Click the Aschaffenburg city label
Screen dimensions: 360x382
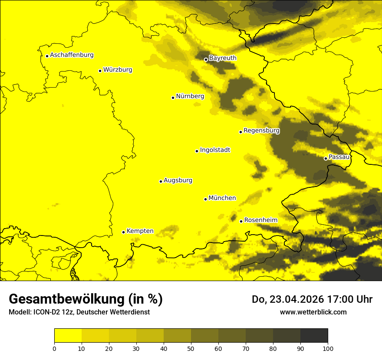[72, 55]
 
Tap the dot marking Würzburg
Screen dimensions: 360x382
[100, 71]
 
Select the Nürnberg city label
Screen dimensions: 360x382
[190, 96]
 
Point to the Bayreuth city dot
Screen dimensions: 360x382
[206, 59]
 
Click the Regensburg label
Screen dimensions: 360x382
[261, 131]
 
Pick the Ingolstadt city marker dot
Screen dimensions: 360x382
[197, 151]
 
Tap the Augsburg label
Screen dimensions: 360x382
[178, 180]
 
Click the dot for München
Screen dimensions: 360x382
[205, 199]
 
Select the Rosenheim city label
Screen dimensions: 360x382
[260, 220]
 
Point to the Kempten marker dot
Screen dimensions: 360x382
[123, 232]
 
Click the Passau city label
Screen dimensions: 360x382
[339, 157]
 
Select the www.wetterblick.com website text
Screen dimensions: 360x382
[313, 312]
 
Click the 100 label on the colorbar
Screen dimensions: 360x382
[328, 348]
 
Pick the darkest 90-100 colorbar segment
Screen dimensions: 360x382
[314, 335]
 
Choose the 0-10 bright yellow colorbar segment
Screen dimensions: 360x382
[68, 335]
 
